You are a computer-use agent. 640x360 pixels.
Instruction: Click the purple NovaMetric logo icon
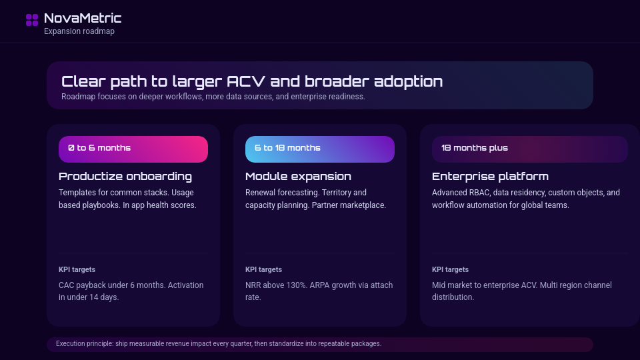click(32, 20)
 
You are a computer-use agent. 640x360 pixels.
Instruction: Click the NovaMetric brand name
click(83, 18)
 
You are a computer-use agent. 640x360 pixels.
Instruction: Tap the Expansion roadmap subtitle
click(79, 31)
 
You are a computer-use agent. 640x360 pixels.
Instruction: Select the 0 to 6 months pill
click(133, 149)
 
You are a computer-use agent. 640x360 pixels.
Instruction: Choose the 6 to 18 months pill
click(320, 149)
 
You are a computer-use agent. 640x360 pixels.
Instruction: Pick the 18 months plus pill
click(530, 149)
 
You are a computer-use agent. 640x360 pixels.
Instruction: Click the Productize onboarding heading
click(125, 176)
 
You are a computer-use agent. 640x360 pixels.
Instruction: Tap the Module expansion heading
click(299, 176)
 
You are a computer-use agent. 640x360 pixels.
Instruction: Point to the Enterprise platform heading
click(490, 176)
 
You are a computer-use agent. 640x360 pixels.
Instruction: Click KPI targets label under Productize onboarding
click(77, 270)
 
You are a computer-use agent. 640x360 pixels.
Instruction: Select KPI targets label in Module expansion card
click(264, 270)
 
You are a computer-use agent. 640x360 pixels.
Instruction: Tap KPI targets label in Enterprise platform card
click(450, 270)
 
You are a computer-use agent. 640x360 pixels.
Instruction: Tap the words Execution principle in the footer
click(85, 344)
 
